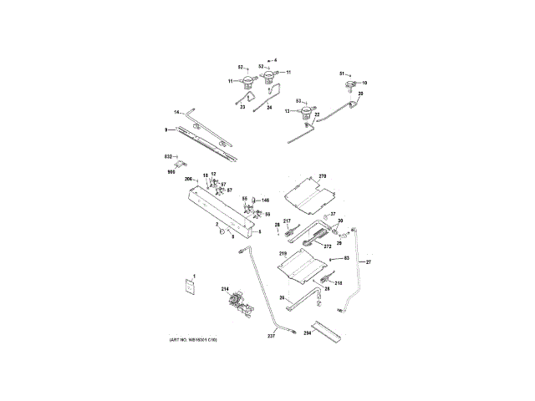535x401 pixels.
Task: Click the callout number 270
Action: [324, 177]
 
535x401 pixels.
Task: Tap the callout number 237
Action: [271, 336]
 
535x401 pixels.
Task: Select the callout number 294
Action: [308, 332]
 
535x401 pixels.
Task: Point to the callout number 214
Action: [224, 289]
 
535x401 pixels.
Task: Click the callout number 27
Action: [368, 262]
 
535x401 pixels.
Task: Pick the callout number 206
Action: [189, 180]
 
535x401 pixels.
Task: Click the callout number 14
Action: [177, 112]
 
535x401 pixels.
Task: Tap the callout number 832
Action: [168, 156]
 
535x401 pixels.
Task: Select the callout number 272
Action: [327, 247]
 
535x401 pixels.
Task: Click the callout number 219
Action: [283, 253]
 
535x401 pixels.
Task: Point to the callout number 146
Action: [265, 200]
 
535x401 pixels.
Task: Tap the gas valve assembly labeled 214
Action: [238, 302]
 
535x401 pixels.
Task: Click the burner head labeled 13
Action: [308, 111]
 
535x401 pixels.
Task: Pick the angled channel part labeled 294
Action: [329, 332]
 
